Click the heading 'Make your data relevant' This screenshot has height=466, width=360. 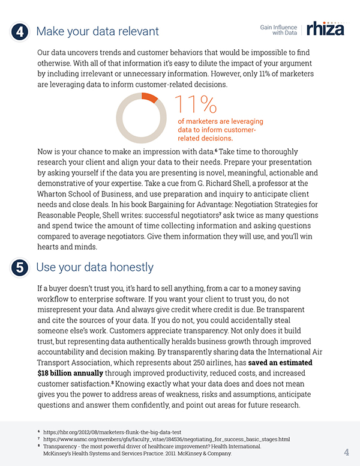[x=98, y=31]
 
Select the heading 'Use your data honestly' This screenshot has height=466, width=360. [x=95, y=267]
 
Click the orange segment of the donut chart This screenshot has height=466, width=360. [x=150, y=97]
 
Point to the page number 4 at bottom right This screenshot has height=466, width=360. [x=347, y=452]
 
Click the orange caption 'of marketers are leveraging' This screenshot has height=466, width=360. [x=220, y=121]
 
